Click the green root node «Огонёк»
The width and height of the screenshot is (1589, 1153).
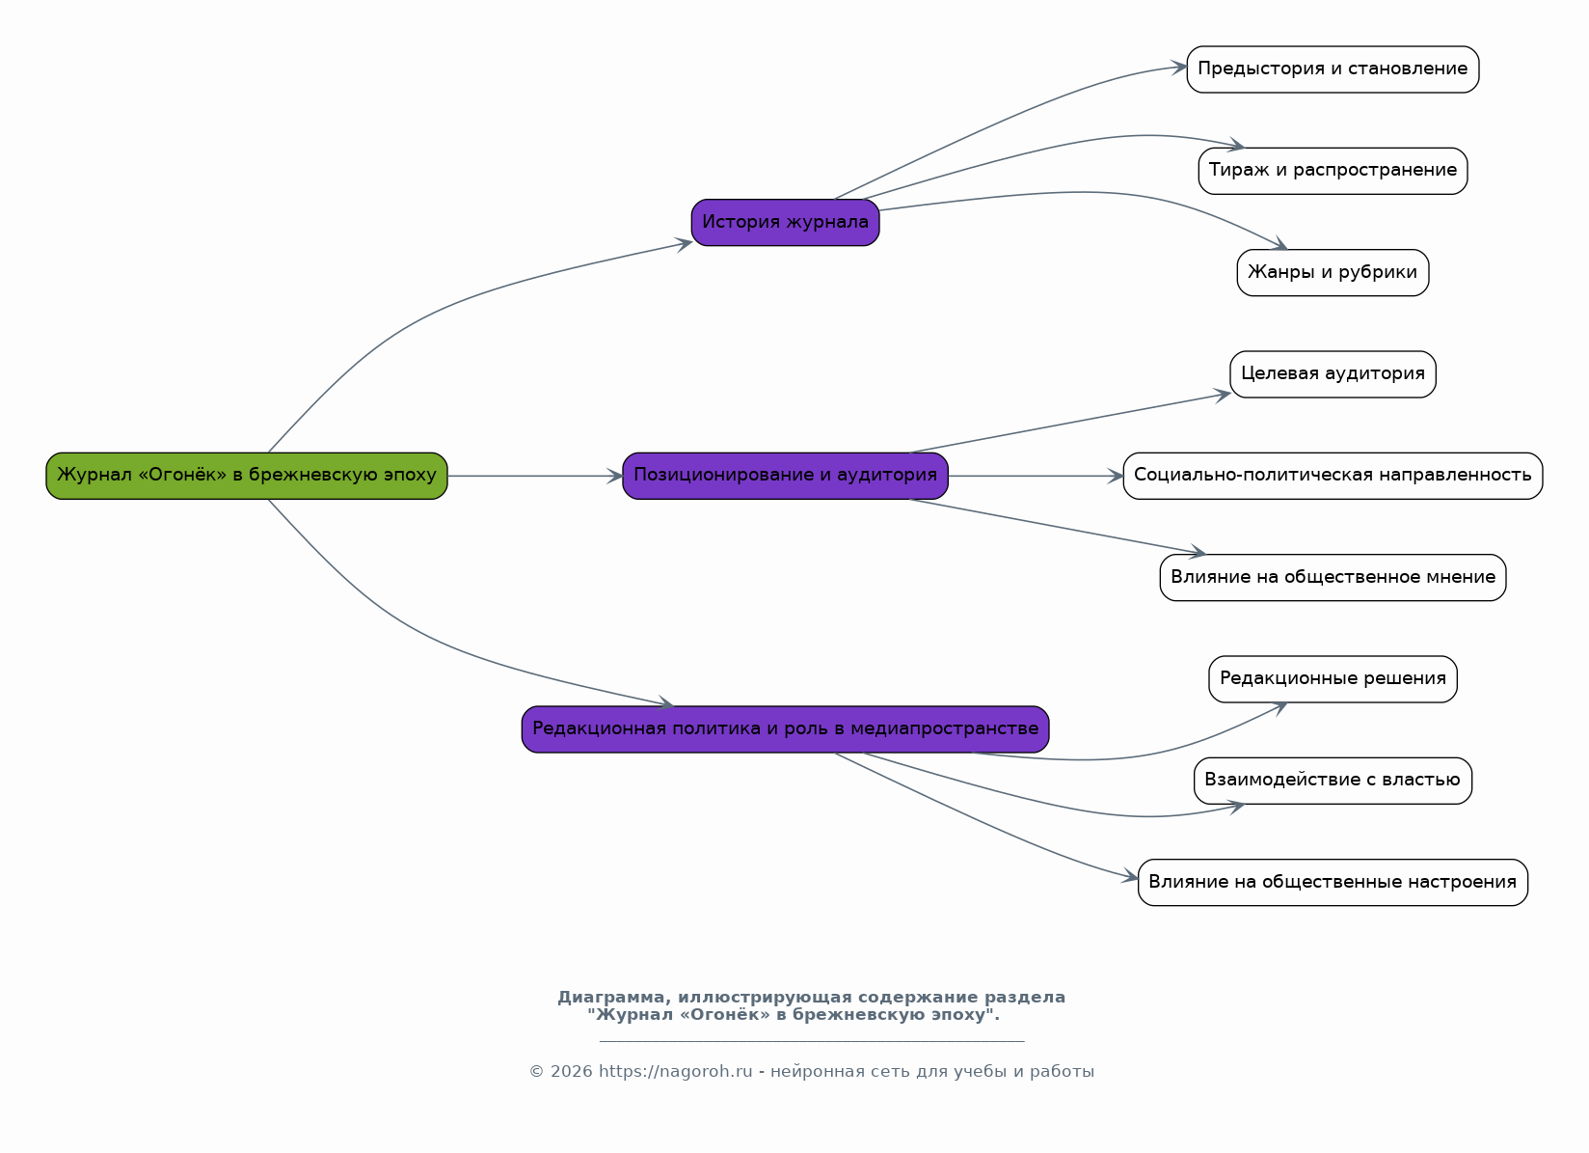point(247,477)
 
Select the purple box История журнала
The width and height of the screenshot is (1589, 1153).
point(786,223)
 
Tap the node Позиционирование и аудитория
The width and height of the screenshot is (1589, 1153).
point(786,477)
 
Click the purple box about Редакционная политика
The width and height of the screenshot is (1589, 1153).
point(786,729)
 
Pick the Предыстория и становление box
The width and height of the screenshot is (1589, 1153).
point(1333,69)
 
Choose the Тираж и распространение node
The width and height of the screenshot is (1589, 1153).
point(1333,171)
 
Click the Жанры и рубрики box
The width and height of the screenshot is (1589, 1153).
point(1333,273)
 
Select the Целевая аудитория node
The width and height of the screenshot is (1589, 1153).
point(1333,375)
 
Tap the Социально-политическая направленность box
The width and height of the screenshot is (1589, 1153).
point(1333,477)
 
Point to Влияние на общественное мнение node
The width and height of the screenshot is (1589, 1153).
point(1333,578)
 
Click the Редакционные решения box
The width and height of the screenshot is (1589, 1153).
point(1333,679)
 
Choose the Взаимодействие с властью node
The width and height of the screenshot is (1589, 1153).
point(1333,781)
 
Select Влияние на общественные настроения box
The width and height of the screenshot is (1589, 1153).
point(1333,883)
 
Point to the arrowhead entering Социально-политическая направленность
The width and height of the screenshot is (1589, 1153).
point(1117,477)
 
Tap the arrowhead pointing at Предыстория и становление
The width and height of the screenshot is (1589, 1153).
point(1179,68)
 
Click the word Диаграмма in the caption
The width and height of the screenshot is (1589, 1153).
point(614,999)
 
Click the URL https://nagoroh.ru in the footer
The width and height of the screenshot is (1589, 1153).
point(675,1072)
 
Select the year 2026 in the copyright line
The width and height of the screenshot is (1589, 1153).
point(571,1072)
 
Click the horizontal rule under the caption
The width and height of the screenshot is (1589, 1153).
point(812,1042)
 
